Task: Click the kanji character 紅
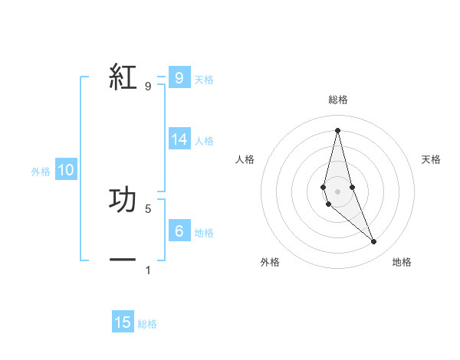coord(123,77)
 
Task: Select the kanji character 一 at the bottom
coord(123,260)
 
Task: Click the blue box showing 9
coord(179,77)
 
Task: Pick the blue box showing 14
coord(179,139)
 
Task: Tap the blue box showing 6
coord(179,231)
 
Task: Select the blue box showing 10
coord(66,170)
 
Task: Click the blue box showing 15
coord(123,322)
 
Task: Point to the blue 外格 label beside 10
coord(41,172)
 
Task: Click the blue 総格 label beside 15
coord(147,324)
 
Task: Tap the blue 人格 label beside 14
coord(204,141)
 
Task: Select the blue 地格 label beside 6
coord(204,232)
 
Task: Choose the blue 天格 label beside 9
coord(204,79)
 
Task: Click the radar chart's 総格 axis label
coord(337,100)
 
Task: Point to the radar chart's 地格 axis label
coord(402,262)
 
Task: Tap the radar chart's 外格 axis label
coord(270,262)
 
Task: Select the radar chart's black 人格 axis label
coord(245,159)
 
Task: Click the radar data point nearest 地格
coord(374,241)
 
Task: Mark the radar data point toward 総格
coord(337,129)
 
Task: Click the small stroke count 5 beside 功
coord(148,208)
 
